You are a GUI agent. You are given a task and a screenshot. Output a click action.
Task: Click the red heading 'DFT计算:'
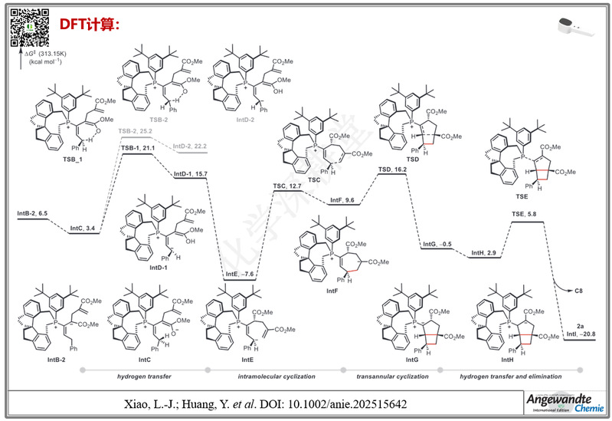[90, 25]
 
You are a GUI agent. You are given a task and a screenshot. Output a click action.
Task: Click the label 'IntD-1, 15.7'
[191, 174]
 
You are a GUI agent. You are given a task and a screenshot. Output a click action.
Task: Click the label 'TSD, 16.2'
[392, 169]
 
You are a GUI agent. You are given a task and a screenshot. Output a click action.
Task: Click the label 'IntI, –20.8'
[581, 336]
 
